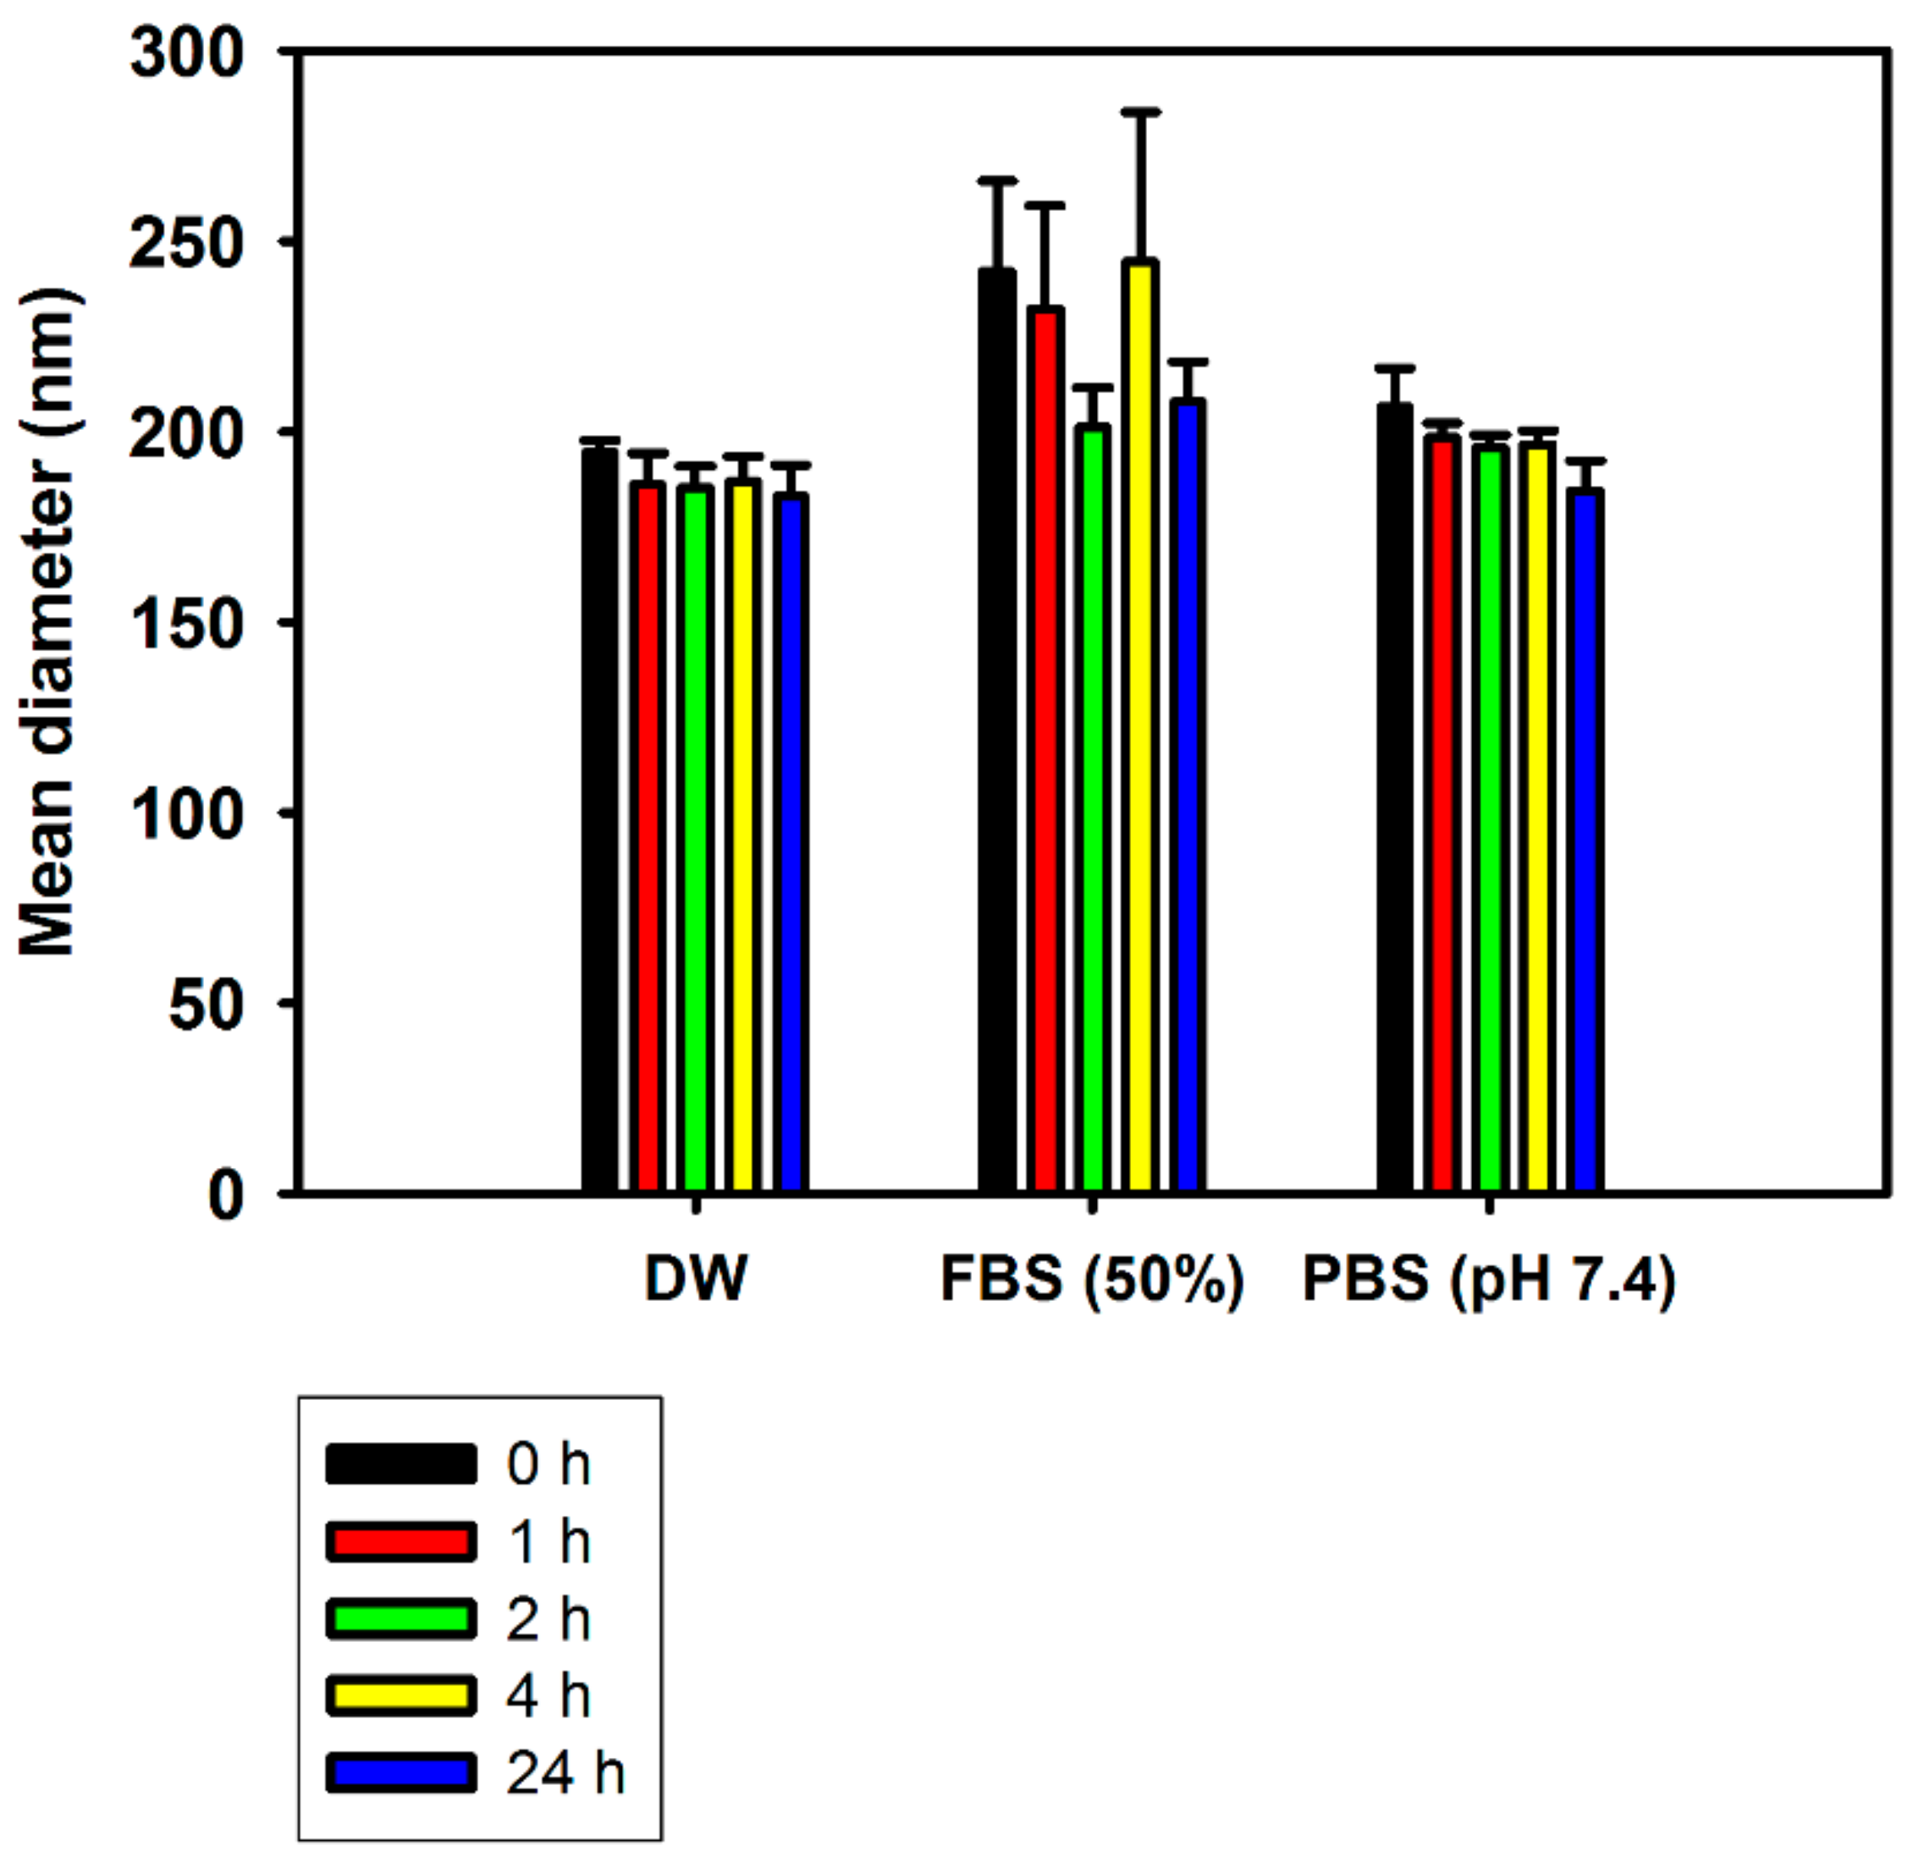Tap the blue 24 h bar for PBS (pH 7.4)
(1585, 841)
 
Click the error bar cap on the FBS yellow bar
(1139, 113)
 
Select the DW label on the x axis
(696, 1279)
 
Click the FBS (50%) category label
(1091, 1279)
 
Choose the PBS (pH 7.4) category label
(1489, 1279)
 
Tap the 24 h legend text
(565, 1772)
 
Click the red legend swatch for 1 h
(401, 1541)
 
